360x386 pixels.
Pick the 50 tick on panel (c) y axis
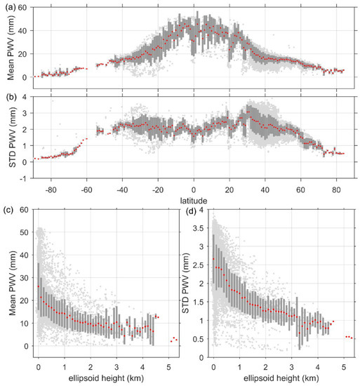pyautogui.click(x=25, y=232)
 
